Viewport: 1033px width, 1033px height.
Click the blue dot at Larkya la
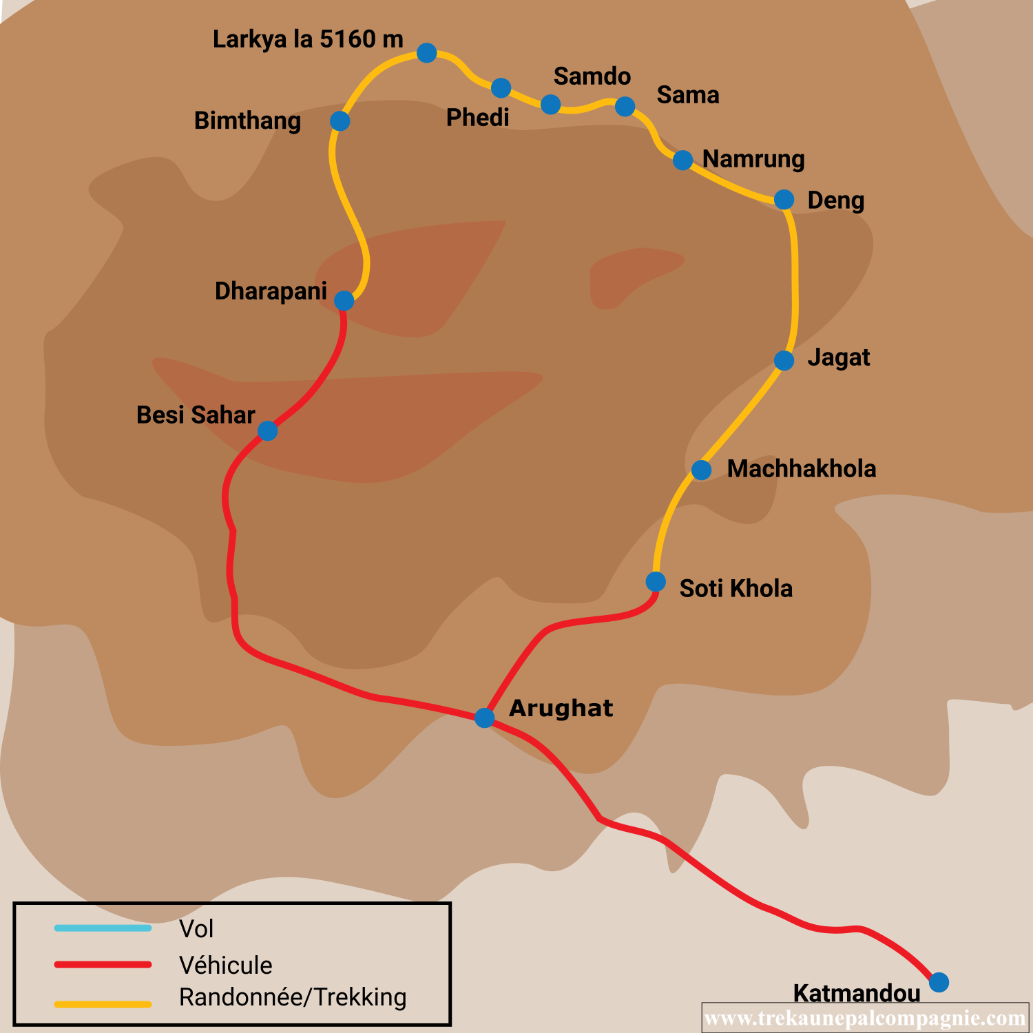[427, 52]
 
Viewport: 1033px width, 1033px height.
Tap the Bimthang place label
[247, 121]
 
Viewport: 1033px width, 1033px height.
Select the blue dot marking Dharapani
[344, 301]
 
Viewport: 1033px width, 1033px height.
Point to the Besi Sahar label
[196, 415]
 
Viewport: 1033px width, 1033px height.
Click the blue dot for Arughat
[485, 718]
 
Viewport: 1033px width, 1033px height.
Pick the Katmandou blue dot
[939, 982]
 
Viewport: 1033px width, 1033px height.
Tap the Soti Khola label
[735, 589]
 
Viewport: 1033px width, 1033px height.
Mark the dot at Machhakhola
[701, 470]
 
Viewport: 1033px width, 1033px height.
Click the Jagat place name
[838, 358]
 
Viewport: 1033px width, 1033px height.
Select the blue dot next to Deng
[784, 200]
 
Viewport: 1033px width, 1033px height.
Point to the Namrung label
[753, 159]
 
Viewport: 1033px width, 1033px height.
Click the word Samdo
[592, 76]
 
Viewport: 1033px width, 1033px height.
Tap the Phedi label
[477, 118]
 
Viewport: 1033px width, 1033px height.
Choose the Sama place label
[687, 95]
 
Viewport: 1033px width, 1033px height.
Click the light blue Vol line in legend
[103, 928]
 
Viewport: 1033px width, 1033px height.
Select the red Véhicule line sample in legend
[103, 965]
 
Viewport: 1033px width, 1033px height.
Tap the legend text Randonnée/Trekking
[293, 997]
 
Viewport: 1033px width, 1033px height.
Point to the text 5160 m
[362, 39]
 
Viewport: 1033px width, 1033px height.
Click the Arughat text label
[561, 708]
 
